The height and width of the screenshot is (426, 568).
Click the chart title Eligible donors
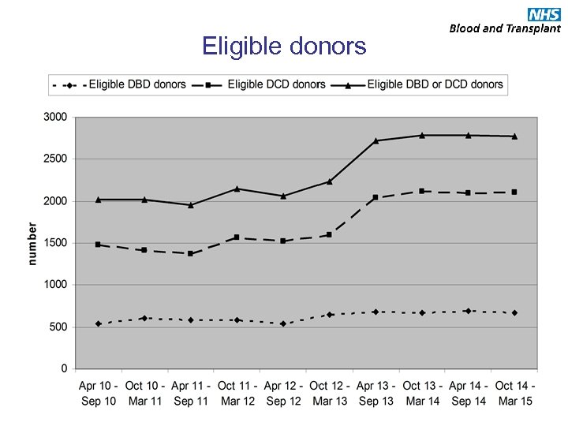284,47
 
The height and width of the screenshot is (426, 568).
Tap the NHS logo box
544,14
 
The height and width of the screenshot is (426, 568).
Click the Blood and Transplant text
505,28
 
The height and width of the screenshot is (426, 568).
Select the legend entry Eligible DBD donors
137,84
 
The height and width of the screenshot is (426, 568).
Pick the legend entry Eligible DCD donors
276,84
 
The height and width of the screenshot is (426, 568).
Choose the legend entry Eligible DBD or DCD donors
435,84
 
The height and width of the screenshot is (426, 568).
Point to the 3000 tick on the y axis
54,117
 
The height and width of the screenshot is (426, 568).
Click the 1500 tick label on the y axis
54,243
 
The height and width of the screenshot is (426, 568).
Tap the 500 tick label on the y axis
58,327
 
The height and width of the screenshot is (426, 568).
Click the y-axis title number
33,243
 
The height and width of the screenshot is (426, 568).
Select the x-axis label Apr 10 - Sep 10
98,394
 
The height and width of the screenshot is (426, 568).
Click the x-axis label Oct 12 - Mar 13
329,394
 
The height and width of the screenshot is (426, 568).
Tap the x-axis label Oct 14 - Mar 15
514,394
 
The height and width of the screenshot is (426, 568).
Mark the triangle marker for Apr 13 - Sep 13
376,140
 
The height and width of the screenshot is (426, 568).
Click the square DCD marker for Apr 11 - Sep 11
190,253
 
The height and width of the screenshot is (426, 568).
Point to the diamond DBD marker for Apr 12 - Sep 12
283,323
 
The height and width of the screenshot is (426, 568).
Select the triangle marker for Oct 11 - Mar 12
237,189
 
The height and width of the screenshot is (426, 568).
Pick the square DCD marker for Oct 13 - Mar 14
422,191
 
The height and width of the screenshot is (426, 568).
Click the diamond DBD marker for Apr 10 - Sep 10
98,323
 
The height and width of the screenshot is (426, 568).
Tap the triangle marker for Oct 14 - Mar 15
514,136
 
